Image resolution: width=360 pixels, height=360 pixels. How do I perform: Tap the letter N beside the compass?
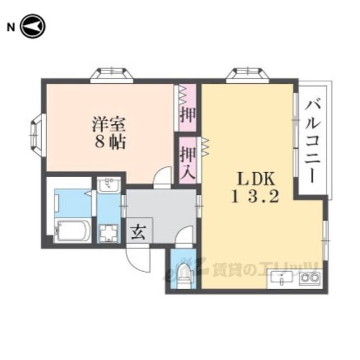(x=10, y=26)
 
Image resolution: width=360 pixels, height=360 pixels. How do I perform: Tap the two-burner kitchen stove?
(x=309, y=278)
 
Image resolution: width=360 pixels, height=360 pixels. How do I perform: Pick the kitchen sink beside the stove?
(x=283, y=278)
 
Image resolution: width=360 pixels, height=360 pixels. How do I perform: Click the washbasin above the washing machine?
(x=108, y=185)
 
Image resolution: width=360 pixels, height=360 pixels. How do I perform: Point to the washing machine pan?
(x=108, y=232)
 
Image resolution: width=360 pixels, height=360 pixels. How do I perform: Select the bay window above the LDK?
(x=247, y=74)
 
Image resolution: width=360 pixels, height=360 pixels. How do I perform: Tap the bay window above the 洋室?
(x=112, y=74)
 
